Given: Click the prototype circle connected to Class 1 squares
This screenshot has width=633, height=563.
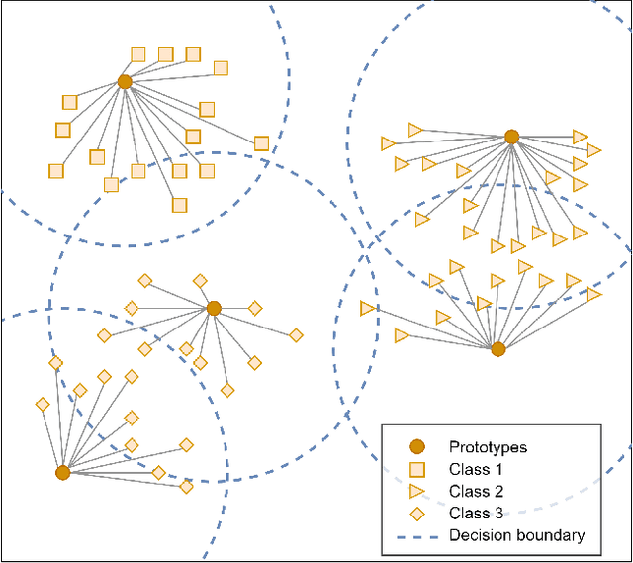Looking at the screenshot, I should coord(125,82).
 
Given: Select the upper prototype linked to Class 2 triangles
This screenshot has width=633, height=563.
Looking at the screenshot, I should coord(511,137).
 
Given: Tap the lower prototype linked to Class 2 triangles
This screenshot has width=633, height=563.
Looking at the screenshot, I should coord(498,349).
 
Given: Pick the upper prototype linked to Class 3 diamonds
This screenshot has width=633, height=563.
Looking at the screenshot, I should coord(214,308).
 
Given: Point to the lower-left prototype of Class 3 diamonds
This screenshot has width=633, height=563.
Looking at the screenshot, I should coord(62,473).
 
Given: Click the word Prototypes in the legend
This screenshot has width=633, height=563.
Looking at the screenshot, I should coord(488,447).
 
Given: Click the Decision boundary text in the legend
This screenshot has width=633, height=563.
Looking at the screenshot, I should coord(516,535).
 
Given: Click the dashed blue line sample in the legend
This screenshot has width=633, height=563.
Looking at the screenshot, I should coord(416,535).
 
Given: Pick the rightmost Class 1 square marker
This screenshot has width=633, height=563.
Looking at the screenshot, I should coord(261,143).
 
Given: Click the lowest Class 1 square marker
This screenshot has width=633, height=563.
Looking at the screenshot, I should coord(179,205).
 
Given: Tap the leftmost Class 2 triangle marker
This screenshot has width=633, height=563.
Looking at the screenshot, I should coord(368,309).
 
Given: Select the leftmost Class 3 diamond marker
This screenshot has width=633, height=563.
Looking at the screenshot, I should coord(43,404).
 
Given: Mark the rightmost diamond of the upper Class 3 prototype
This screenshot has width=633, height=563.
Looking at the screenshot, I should coord(295,335).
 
